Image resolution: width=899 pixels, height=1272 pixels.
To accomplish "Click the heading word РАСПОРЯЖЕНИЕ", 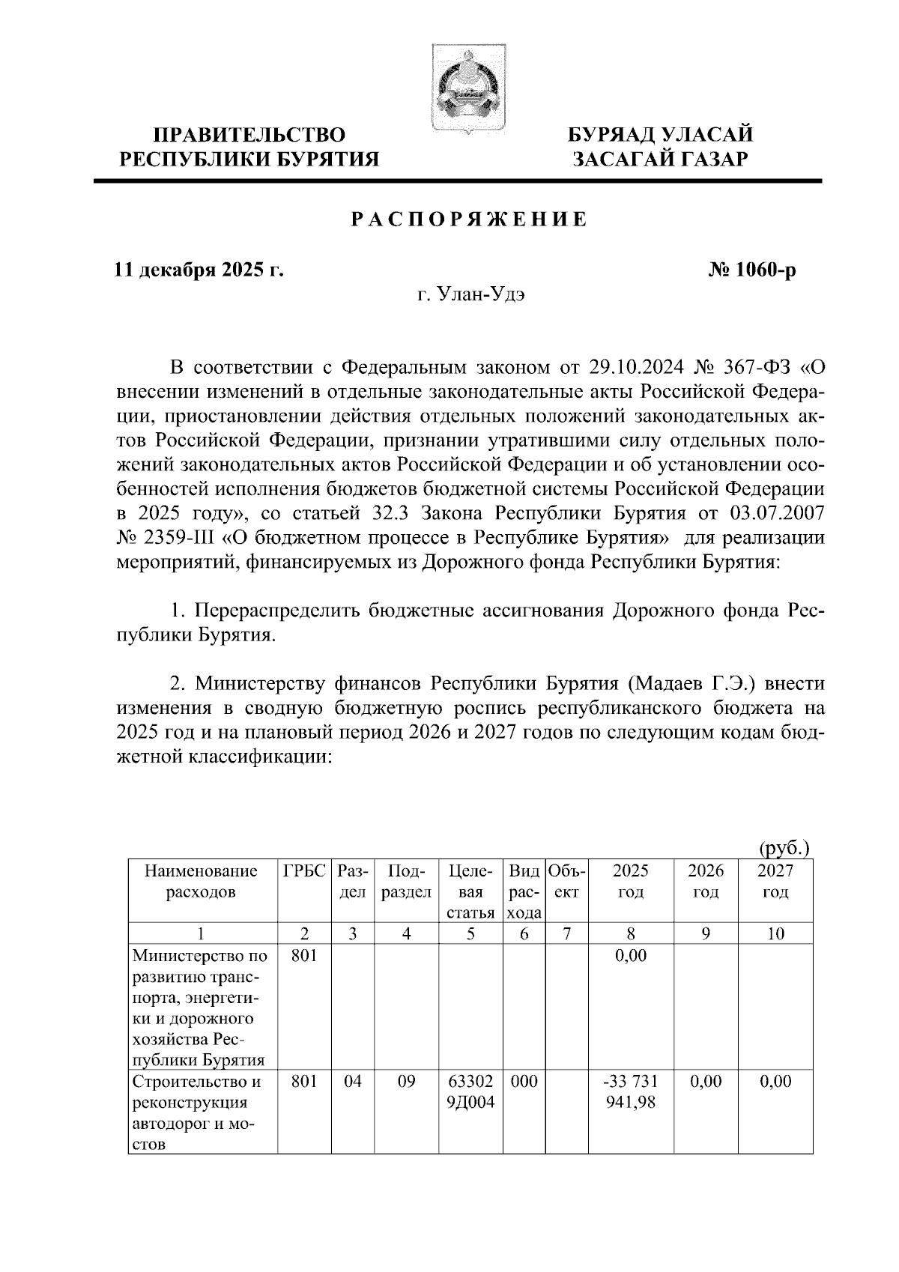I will (x=469, y=219).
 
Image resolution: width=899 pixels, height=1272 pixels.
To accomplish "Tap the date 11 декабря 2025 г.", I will (x=198, y=270).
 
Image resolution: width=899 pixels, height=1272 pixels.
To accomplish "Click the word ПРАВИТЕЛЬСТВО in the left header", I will (x=249, y=136).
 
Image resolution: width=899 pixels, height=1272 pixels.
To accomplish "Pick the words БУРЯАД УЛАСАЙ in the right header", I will (x=659, y=136).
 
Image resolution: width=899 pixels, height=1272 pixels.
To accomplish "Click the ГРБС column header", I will (x=304, y=871).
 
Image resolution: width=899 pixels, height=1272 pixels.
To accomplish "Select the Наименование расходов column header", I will (x=201, y=882).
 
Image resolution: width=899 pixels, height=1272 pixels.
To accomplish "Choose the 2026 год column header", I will (x=706, y=882).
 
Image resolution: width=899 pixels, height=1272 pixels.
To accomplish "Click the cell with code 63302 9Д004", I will (x=470, y=1091).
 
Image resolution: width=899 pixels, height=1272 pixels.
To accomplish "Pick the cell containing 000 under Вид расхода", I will (x=524, y=1081).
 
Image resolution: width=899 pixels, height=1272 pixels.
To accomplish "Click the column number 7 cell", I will (x=567, y=933).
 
